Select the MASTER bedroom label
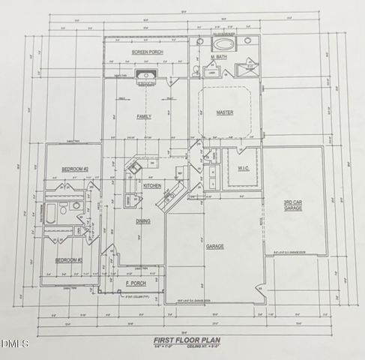click(225, 112)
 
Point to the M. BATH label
click(218, 57)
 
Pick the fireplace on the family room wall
click(145, 76)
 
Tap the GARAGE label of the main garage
click(216, 245)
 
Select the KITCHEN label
click(152, 185)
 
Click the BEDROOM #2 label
click(75, 169)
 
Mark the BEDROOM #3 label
click(69, 260)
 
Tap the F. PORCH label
click(136, 283)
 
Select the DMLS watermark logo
click(15, 343)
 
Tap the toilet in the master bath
click(196, 70)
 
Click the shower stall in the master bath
click(246, 70)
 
